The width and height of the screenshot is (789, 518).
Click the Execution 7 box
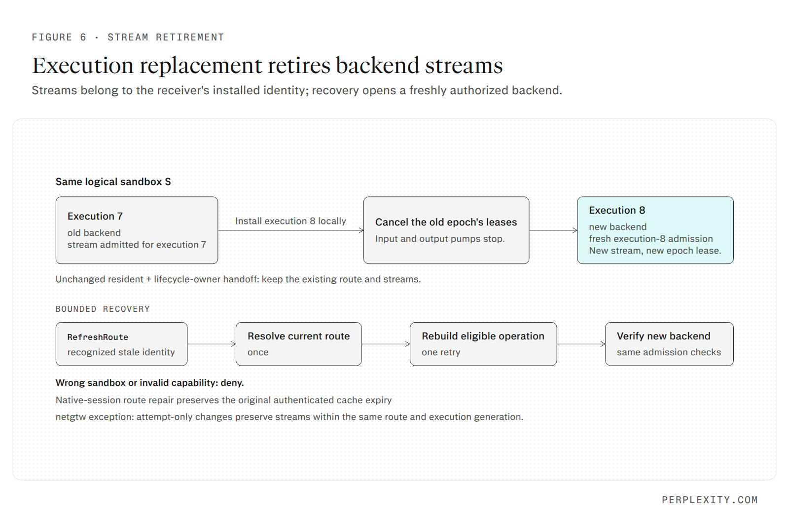(137, 230)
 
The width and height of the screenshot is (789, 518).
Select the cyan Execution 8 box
(655, 230)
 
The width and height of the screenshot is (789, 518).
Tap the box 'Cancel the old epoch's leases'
(446, 230)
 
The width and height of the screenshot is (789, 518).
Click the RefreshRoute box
(121, 344)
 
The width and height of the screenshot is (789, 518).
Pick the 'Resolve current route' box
(299, 344)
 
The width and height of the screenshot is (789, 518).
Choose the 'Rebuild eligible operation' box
(483, 344)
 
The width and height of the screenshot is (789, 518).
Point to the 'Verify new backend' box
(669, 344)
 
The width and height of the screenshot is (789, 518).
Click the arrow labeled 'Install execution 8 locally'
(291, 230)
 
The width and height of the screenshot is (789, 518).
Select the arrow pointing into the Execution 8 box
(553, 230)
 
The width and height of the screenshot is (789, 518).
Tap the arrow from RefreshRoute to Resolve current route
(212, 344)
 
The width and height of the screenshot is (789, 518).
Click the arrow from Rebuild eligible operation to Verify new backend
(581, 344)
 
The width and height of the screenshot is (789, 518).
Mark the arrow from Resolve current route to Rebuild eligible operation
(386, 344)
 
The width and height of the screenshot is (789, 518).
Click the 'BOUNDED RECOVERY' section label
(103, 309)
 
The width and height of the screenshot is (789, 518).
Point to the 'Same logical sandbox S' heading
(113, 182)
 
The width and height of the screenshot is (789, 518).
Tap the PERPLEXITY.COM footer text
(710, 500)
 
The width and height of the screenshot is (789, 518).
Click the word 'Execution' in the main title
(83, 66)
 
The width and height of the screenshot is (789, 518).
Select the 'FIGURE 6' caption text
(59, 37)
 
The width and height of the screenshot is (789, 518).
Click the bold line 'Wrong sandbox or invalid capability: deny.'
(150, 383)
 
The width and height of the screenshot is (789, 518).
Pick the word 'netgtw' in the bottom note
(71, 417)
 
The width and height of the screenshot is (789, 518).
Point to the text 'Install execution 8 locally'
(290, 221)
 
